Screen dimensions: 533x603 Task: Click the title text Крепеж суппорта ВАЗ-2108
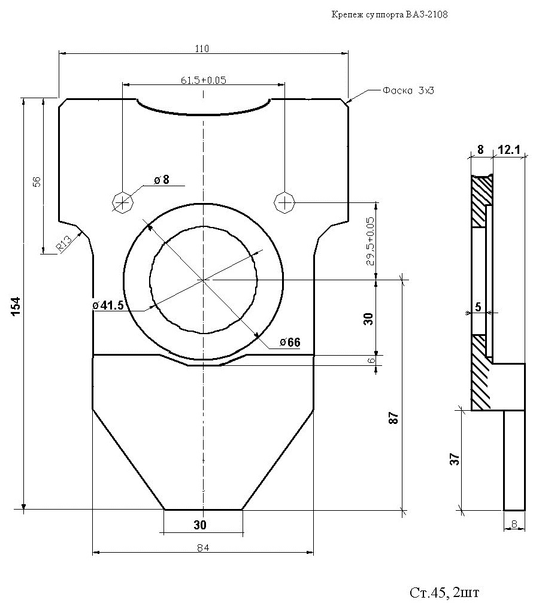coord(389,15)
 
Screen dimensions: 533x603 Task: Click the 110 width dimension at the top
coord(202,49)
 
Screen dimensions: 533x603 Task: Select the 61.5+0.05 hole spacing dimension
coord(204,80)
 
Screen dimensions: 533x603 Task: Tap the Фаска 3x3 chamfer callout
coord(408,91)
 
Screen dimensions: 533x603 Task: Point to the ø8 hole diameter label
coord(162,180)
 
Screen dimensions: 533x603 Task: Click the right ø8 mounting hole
coord(284,202)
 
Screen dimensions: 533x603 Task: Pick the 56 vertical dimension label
coord(37,181)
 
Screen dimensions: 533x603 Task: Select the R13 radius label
coord(64,244)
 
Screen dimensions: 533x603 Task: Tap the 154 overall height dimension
coord(16,306)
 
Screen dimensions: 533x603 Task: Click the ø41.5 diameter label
coord(108,305)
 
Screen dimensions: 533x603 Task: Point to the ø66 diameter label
coord(290,342)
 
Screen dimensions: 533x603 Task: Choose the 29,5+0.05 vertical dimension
coord(370,241)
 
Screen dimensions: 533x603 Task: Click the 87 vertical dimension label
coord(393,417)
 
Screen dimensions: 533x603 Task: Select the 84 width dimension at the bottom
coord(202,548)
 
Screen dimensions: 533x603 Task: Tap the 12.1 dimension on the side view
coord(509,150)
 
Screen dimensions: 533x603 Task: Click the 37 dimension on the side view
coord(455,459)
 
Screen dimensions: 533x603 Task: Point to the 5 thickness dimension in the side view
coord(478,307)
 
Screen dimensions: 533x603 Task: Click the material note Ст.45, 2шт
coord(444,592)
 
